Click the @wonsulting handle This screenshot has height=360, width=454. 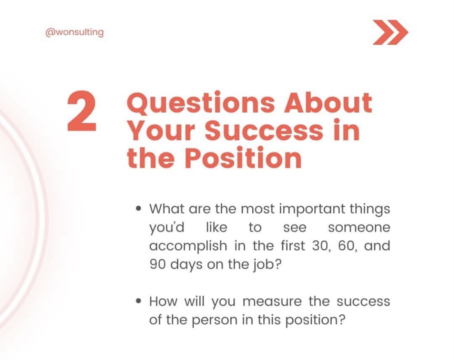point(74,33)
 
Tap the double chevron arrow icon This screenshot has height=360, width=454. point(390,32)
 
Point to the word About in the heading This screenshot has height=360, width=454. point(328,103)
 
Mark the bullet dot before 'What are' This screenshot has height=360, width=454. point(139,209)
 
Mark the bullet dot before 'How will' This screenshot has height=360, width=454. point(139,301)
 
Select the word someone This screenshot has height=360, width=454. point(359,228)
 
